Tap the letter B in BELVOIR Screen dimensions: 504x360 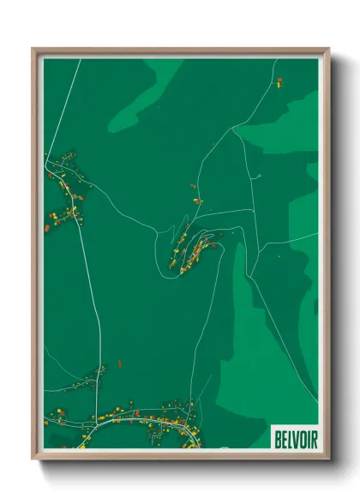coord(277,439)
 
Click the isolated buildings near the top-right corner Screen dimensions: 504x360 coord(279,81)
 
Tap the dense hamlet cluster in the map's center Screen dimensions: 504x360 coord(195,253)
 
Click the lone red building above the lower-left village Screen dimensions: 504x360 coord(118,363)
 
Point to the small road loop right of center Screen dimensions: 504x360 coord(257,177)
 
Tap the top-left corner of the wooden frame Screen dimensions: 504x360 coord(33,49)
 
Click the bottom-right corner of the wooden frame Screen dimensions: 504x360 coord(328,459)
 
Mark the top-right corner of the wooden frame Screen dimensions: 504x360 coord(328,49)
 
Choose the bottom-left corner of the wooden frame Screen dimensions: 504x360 coord(33,459)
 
